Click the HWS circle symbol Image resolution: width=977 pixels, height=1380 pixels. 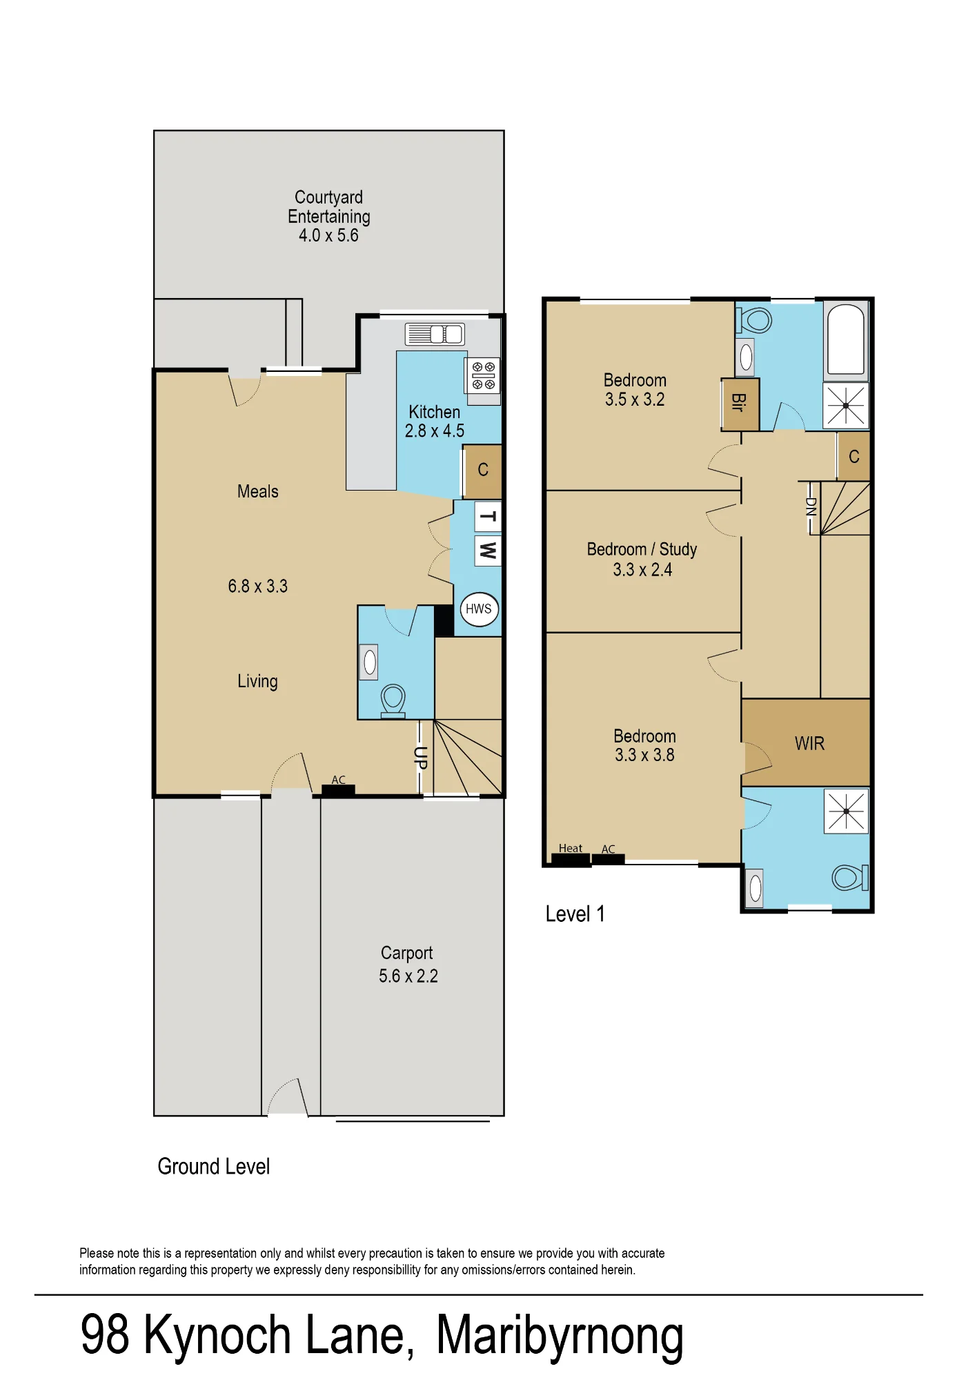[479, 609]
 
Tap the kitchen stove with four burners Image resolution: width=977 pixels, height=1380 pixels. [483, 376]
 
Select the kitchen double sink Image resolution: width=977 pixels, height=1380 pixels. [435, 335]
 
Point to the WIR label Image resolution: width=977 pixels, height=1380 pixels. [809, 743]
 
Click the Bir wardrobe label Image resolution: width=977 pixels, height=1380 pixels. [738, 403]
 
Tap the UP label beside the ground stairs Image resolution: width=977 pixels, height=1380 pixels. [420, 758]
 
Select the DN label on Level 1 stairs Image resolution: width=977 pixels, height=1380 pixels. [811, 507]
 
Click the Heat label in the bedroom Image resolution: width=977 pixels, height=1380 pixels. [571, 848]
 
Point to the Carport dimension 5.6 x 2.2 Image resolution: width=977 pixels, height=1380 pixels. [408, 976]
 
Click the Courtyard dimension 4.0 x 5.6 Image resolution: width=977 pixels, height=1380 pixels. [328, 235]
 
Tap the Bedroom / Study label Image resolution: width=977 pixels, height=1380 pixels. [642, 549]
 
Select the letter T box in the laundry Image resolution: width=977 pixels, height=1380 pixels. [488, 517]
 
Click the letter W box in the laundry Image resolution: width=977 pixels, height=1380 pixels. [488, 551]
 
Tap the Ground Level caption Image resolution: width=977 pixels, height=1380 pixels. [214, 1167]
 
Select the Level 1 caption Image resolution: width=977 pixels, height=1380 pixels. [575, 914]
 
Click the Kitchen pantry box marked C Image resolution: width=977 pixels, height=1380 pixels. [482, 471]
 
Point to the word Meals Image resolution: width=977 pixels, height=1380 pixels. [258, 491]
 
